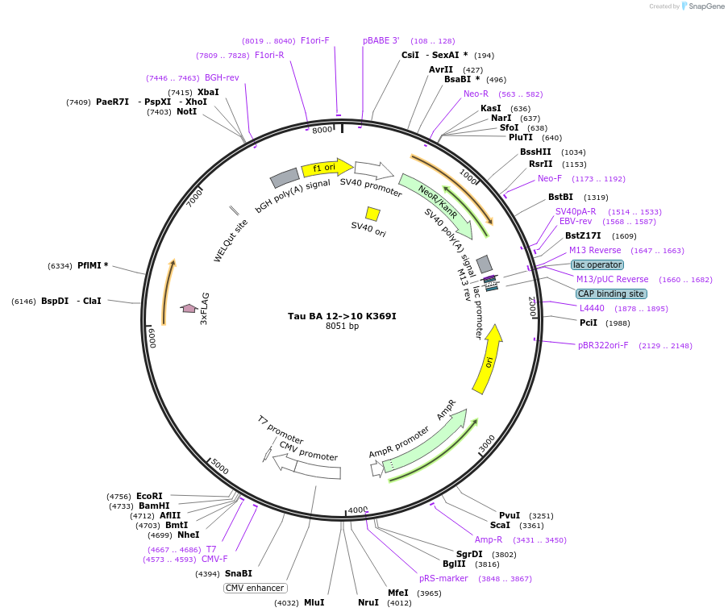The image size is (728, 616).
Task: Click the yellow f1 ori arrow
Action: point(326,168)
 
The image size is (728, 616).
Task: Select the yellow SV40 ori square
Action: point(372,214)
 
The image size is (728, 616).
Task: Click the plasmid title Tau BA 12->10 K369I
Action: point(342,315)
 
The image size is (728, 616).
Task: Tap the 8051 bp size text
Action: point(342,327)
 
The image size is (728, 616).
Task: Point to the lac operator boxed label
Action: point(597,264)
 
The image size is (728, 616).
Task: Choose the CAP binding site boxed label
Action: point(610,293)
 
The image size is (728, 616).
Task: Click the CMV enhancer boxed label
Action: point(254,588)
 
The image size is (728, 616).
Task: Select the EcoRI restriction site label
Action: point(149,496)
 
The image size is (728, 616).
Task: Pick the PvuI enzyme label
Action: point(510,515)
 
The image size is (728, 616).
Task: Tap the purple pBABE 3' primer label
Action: point(381,40)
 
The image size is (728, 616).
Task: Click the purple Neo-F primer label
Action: point(550,178)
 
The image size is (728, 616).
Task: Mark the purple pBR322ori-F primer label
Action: point(603,345)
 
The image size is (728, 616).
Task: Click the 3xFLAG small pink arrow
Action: point(189,308)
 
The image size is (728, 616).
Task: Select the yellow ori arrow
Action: point(489,360)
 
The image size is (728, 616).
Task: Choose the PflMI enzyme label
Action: point(92,265)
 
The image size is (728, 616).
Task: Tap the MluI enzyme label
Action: point(314,602)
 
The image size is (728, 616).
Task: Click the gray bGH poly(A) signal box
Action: point(285,178)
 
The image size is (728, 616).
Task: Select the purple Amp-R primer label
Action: point(489,539)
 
